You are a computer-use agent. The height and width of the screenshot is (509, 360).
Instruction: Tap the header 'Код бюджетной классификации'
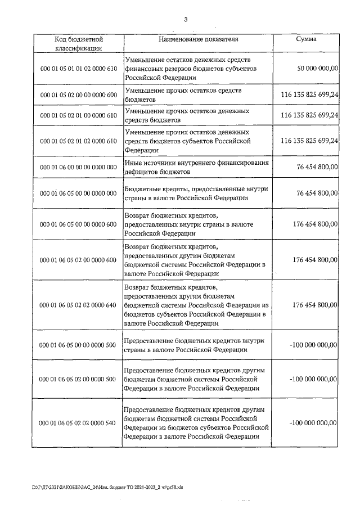pos(78,43)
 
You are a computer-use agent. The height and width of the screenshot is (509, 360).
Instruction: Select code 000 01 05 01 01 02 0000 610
pos(78,69)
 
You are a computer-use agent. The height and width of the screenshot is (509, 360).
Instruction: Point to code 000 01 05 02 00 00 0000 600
pos(78,95)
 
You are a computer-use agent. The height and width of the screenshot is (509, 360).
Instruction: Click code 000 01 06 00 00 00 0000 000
pos(78,167)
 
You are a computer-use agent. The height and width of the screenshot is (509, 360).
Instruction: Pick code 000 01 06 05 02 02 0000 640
pos(78,305)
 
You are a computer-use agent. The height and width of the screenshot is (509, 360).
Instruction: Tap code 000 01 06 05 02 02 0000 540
pos(78,422)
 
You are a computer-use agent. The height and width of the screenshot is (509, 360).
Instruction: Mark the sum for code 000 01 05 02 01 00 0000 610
pos(305,115)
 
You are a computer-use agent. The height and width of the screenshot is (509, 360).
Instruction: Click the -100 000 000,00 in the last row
pos(313,422)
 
